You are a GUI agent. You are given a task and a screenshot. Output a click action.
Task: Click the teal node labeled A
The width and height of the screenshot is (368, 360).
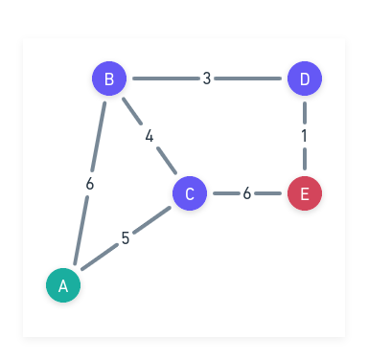[x=63, y=284]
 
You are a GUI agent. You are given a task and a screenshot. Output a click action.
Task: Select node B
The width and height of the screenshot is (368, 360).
[x=109, y=79]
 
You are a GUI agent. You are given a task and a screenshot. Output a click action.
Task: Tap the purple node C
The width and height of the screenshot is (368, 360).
[x=190, y=193]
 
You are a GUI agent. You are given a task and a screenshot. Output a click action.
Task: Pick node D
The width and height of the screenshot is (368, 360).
[x=305, y=79]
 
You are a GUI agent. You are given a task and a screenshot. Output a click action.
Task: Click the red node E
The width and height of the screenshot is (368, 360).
[x=305, y=193]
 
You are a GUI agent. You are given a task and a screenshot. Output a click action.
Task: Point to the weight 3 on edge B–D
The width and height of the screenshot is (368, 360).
[x=207, y=79]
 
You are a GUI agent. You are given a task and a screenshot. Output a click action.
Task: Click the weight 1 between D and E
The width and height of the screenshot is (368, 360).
[x=305, y=136]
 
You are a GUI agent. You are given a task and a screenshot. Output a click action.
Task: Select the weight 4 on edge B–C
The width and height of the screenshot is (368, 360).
[x=149, y=136]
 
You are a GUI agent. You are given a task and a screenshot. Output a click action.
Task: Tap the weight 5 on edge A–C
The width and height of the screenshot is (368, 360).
[x=126, y=238]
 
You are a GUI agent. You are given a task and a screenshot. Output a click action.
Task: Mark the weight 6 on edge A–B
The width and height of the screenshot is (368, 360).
[x=89, y=183]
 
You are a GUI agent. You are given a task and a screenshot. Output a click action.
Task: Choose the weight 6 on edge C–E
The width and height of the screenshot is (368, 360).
[x=247, y=193]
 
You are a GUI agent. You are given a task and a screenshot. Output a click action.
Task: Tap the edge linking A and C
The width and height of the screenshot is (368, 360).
[x=150, y=221]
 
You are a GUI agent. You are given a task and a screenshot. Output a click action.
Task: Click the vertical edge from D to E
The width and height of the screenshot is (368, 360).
[x=305, y=110]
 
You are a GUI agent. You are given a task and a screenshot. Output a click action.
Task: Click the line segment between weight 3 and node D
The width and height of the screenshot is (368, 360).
[x=251, y=79]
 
